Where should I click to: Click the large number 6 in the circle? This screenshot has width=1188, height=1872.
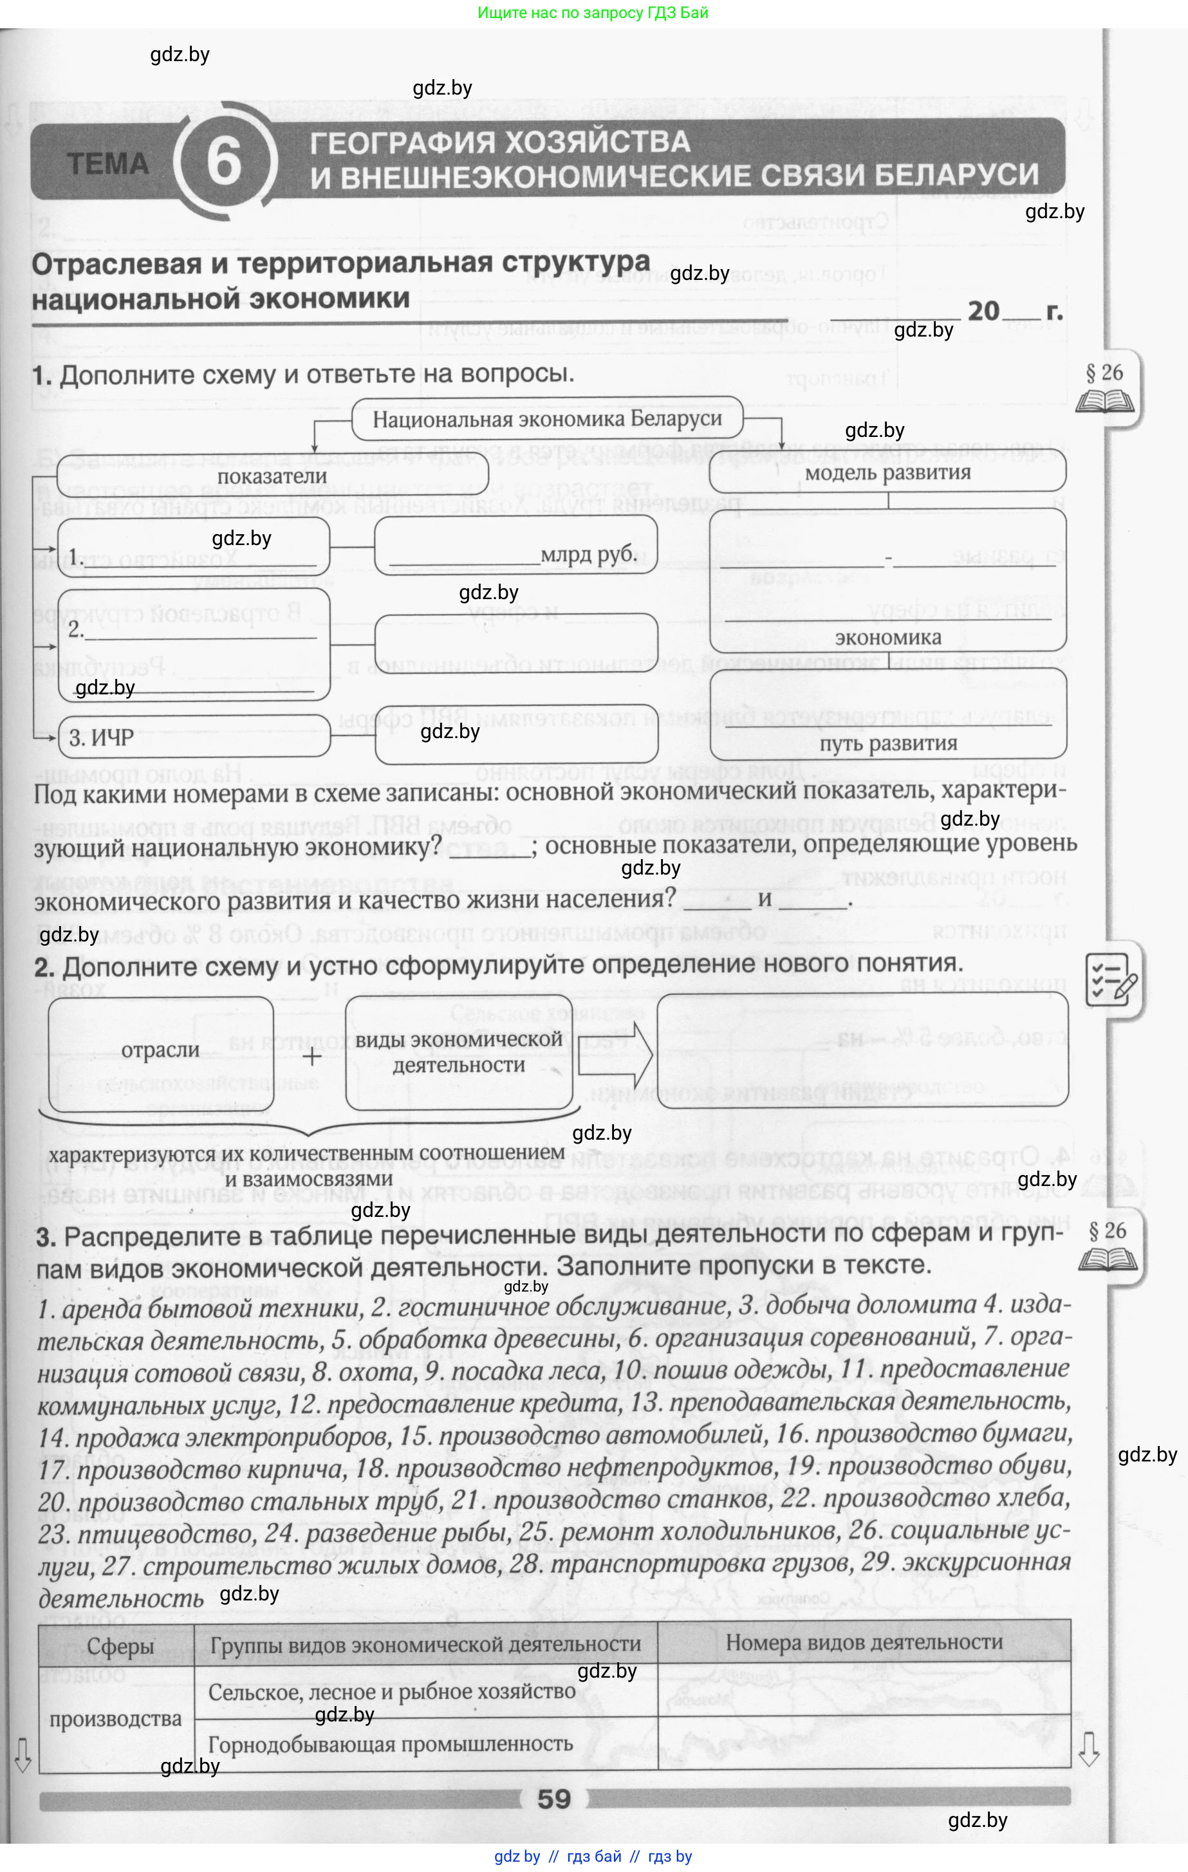click(x=224, y=162)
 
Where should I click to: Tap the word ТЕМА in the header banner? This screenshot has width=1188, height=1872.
click(x=108, y=164)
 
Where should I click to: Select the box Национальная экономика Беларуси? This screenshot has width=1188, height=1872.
click(x=548, y=419)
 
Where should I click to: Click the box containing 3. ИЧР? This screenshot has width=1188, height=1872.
click(x=194, y=737)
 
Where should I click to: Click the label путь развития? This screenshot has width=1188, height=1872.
click(x=888, y=743)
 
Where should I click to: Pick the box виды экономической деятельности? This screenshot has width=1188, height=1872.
click(x=459, y=1052)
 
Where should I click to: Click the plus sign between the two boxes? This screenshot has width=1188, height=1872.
click(x=311, y=1057)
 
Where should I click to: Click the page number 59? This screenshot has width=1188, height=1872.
click(x=553, y=1799)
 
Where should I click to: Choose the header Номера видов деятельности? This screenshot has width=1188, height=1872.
click(x=864, y=1643)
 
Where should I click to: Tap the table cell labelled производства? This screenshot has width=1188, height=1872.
click(x=115, y=1719)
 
